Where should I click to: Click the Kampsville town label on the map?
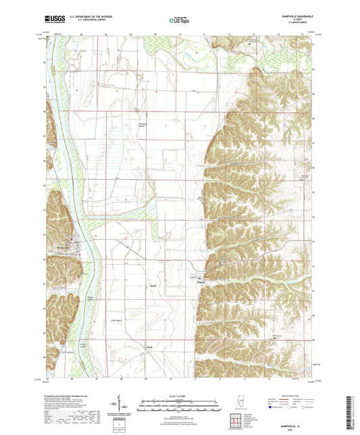point(62,249)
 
